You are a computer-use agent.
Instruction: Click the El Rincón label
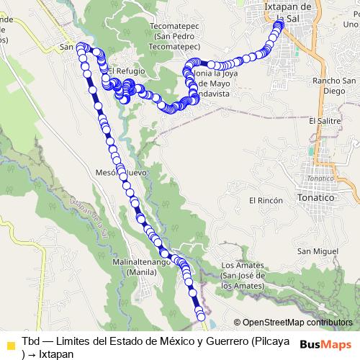click(x=264, y=199)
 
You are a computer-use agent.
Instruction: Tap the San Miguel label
click(x=318, y=251)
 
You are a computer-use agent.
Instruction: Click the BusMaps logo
click(x=325, y=343)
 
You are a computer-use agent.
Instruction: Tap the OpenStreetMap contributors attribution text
click(x=293, y=323)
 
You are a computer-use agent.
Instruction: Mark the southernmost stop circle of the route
click(x=201, y=316)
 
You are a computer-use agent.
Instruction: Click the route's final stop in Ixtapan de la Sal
click(x=278, y=25)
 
